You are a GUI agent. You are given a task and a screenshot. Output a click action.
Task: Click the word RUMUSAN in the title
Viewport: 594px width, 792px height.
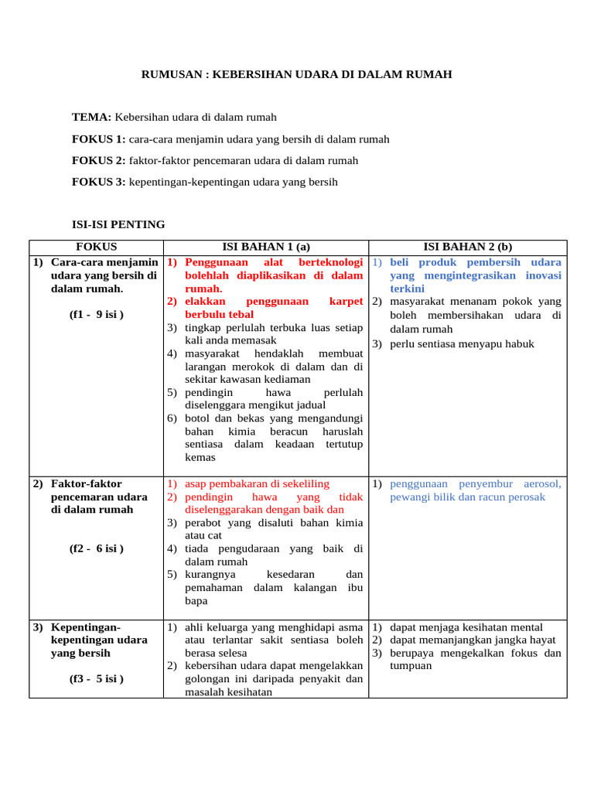[164, 74]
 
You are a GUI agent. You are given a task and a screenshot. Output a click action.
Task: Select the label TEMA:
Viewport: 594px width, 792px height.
[91, 117]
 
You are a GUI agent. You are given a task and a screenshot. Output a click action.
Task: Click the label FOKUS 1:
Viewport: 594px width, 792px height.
[98, 139]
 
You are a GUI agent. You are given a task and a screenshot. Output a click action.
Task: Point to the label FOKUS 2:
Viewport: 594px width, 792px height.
[98, 161]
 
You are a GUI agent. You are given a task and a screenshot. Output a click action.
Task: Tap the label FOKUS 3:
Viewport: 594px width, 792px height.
[98, 183]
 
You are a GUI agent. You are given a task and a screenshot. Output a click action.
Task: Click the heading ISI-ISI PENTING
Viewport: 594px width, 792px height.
[118, 224]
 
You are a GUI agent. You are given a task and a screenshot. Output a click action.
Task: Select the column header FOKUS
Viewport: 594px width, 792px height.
[96, 247]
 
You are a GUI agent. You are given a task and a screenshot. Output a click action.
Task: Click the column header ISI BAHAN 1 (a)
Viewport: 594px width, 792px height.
[265, 247]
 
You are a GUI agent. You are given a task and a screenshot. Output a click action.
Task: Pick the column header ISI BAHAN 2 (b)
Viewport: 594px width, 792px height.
[467, 247]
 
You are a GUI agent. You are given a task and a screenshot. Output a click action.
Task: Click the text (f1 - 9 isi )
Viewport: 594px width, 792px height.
[96, 315]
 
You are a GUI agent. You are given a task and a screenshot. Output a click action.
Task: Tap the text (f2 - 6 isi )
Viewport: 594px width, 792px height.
[96, 548]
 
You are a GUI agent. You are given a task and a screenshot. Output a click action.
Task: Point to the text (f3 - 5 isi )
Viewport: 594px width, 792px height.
[96, 679]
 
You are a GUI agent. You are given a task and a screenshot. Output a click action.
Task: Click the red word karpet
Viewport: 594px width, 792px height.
[346, 302]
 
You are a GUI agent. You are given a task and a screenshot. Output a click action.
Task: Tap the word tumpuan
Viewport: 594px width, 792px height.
[411, 666]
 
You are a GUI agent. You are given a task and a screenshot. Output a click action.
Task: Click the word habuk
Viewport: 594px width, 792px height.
[517, 343]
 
